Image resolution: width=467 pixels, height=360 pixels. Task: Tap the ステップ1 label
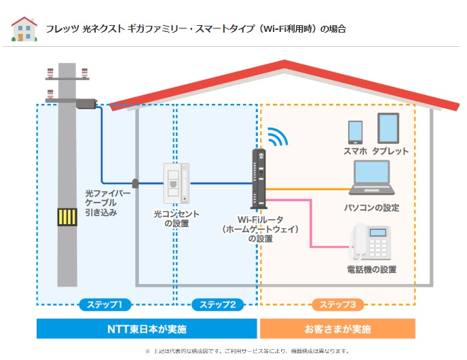105,304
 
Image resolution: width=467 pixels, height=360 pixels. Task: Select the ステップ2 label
217,304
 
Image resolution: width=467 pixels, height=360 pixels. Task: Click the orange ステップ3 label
337,304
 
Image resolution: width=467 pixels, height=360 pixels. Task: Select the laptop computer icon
371,180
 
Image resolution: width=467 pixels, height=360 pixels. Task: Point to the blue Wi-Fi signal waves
277,136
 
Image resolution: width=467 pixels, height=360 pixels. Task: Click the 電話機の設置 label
371,270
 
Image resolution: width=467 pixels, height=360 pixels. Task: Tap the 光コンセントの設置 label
176,218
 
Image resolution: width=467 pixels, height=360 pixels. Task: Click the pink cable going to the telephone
310,224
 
